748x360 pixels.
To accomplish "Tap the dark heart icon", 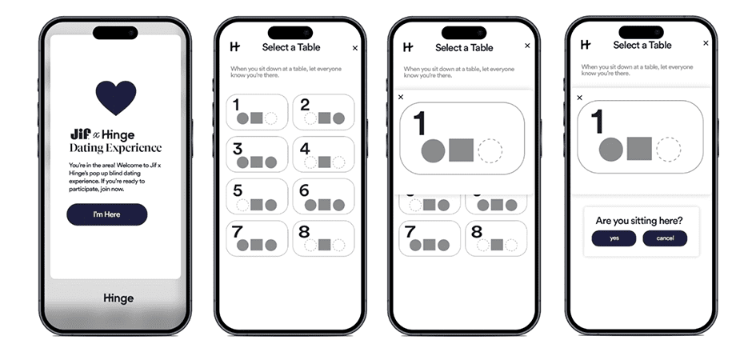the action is coord(116,98).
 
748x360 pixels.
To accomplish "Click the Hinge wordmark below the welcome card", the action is coord(118,298).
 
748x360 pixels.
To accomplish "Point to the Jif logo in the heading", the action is coord(81,134).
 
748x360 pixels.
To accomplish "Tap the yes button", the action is coord(614,238).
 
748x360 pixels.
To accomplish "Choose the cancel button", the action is coord(665,238).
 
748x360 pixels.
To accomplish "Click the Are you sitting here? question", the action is coord(639,221).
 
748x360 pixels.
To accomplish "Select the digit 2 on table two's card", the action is coord(306,105).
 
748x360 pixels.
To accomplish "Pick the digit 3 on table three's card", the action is coord(238,149).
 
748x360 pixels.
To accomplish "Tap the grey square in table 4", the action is coord(324,162).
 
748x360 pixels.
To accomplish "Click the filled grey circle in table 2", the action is coord(338,118).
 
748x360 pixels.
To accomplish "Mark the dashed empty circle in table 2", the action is coord(310,118).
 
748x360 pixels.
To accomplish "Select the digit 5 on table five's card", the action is coord(238,190).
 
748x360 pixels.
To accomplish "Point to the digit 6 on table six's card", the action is coord(304,190).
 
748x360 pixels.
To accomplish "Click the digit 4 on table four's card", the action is coord(305,149).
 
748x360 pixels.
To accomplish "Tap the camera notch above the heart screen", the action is coord(115,33).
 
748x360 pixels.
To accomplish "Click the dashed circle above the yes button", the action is coord(668,149).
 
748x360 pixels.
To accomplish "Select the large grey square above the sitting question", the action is coord(639,148).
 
